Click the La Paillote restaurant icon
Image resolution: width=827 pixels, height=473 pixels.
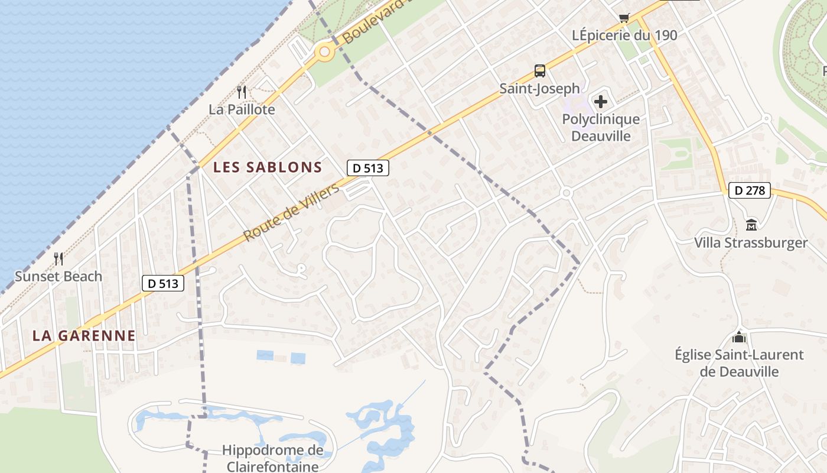(241, 92)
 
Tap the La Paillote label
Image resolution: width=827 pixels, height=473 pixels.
(242, 110)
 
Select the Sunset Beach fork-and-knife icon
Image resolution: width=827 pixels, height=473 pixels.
(58, 259)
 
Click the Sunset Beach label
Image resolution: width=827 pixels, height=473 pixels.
(58, 276)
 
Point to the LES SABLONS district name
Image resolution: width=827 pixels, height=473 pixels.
(268, 167)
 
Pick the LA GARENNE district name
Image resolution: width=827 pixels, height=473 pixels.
(84, 336)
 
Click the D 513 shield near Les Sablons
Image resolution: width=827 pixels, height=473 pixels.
(368, 168)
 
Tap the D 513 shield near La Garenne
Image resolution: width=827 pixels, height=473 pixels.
(164, 283)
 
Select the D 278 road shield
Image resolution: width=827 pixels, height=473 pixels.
(750, 190)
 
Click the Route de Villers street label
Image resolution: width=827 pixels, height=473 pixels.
(292, 212)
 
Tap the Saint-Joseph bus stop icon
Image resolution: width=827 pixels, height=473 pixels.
(540, 71)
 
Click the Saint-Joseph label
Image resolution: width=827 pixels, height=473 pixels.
(539, 89)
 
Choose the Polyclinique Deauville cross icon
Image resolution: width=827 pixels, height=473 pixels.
(601, 102)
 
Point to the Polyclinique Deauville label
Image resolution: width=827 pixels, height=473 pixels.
(600, 128)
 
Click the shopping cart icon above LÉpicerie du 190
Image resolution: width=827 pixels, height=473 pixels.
(624, 18)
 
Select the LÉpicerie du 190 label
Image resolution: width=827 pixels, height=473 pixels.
(624, 35)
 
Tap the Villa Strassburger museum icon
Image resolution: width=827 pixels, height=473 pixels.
(751, 225)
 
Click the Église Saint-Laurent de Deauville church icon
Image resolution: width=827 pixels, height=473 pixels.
(739, 338)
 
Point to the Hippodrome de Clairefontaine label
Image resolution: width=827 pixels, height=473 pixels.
(272, 458)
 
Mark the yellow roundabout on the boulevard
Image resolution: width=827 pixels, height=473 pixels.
(324, 53)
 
